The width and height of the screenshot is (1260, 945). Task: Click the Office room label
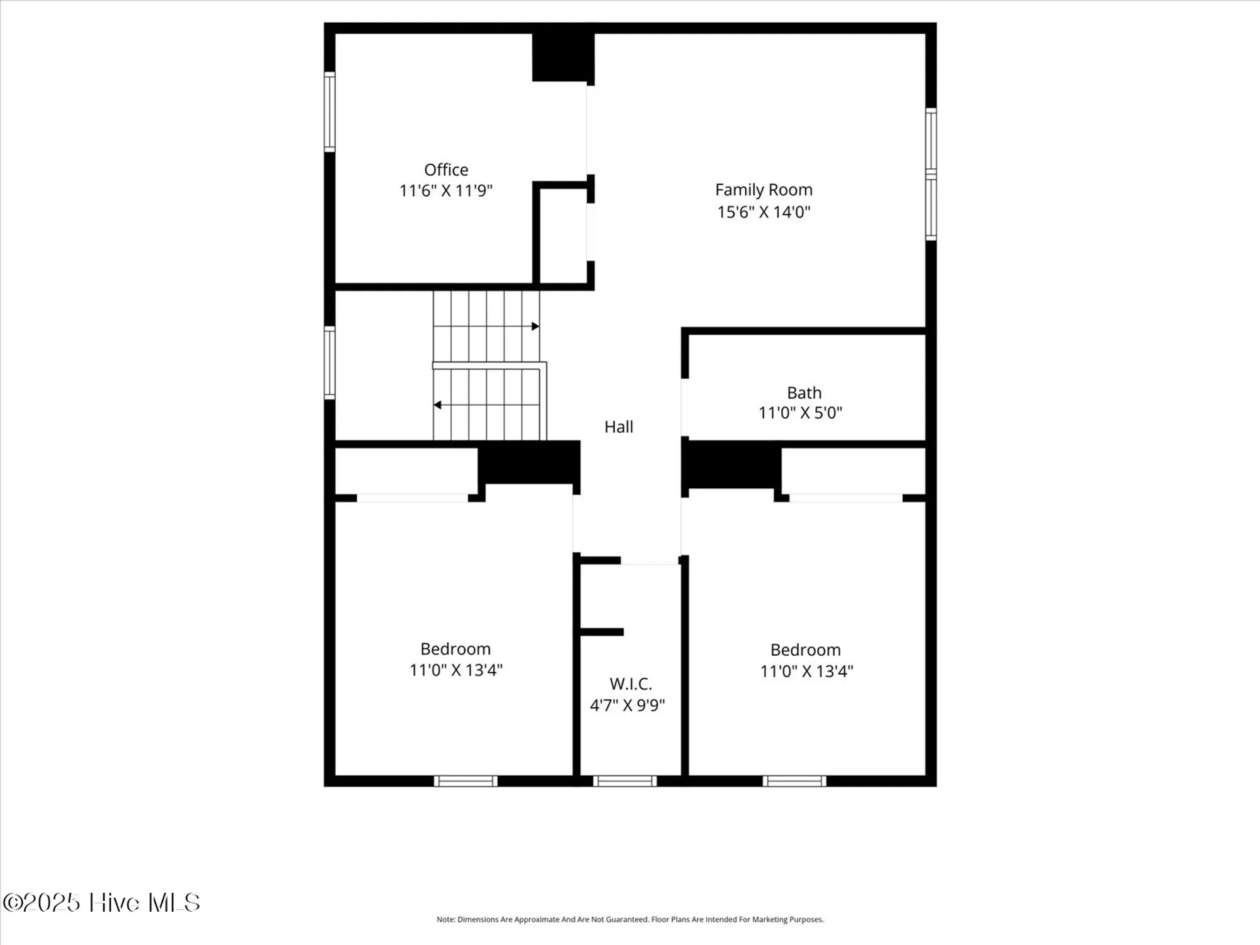[446, 169]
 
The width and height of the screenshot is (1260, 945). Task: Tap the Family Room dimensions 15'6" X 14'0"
[764, 212]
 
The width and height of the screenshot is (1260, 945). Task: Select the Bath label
[804, 392]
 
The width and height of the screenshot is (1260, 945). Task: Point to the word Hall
[619, 427]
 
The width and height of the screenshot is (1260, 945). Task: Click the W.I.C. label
[631, 684]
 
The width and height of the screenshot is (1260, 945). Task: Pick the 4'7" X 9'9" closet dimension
[627, 705]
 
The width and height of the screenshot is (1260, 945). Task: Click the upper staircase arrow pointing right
[535, 326]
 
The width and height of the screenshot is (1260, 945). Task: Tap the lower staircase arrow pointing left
[437, 405]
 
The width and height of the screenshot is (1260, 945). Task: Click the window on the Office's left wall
[329, 112]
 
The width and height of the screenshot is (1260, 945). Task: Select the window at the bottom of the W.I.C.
[625, 781]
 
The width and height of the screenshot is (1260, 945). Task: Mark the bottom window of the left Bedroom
[466, 781]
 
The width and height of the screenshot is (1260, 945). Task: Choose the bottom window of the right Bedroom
[794, 781]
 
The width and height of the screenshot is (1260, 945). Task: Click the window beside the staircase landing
[329, 363]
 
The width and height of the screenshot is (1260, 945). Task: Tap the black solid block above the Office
[563, 57]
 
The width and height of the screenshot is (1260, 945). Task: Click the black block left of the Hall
[529, 462]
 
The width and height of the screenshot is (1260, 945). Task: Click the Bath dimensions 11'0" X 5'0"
[800, 413]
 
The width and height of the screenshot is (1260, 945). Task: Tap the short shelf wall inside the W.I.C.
[602, 632]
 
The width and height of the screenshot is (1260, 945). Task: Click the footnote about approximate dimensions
[630, 919]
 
